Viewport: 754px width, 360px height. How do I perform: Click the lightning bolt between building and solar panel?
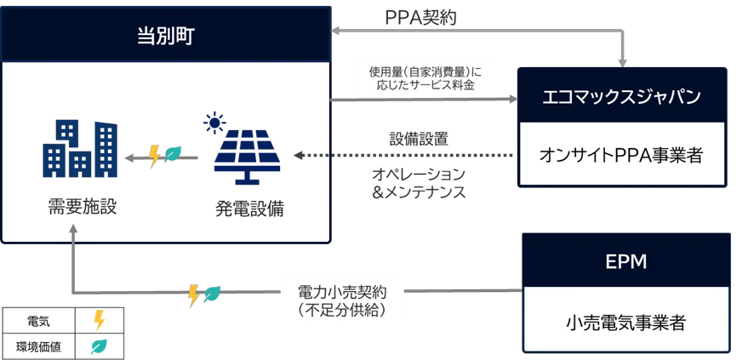155,156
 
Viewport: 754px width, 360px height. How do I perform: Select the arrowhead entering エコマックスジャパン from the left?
511,100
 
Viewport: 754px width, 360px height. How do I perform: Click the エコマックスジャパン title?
621,96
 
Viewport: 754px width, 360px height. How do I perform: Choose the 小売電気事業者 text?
625,323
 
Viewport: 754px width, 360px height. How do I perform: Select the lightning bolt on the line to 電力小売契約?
194,294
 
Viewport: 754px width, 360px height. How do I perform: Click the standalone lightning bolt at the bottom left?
99,320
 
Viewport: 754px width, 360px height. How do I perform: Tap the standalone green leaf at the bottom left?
98,346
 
